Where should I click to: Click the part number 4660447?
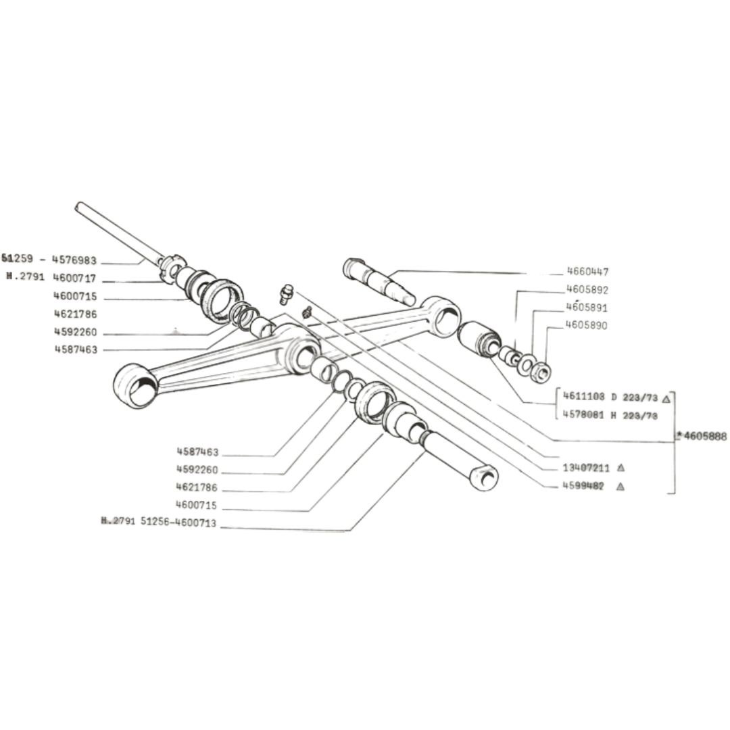click(587, 272)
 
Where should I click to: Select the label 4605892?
click(587, 290)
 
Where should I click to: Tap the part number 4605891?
click(587, 308)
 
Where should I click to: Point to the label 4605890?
click(587, 325)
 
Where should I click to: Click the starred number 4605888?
click(703, 437)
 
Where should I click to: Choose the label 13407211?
click(585, 468)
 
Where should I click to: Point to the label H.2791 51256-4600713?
click(159, 522)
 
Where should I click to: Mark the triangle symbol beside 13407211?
click(620, 468)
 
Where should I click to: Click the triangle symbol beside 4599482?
click(620, 486)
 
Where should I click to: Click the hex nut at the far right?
click(540, 372)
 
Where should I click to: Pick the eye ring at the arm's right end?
click(443, 318)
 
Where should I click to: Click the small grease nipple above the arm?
click(287, 293)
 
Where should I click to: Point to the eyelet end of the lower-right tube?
click(485, 477)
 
